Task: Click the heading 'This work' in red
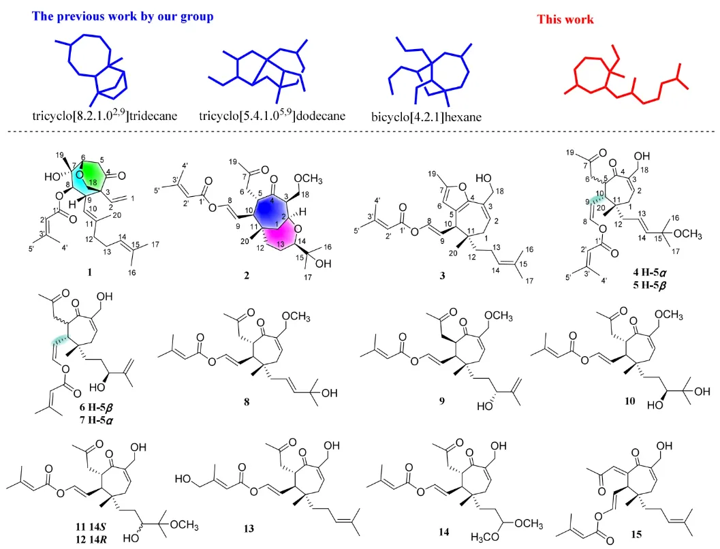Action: (565, 19)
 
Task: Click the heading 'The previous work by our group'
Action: (123, 16)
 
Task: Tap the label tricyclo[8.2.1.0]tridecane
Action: (105, 114)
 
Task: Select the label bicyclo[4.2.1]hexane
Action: (426, 117)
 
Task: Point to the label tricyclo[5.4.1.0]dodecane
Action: (272, 114)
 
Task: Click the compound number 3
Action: (441, 275)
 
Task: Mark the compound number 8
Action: (247, 402)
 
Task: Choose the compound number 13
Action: (249, 529)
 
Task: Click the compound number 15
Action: (636, 534)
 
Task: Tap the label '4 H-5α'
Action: (649, 272)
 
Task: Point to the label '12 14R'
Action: (91, 539)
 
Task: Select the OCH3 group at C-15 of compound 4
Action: (688, 234)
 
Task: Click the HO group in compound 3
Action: (484, 178)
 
